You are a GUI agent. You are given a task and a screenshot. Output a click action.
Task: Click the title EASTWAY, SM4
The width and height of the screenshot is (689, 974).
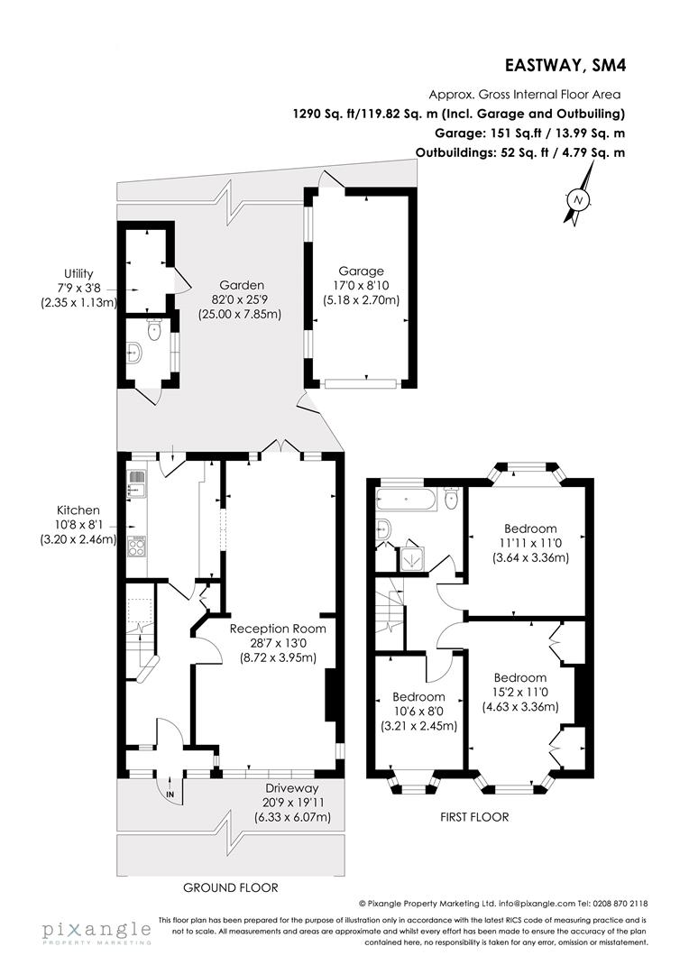pos(565,65)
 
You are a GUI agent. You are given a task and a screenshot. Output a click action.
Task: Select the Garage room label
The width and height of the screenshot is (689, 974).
pos(361,271)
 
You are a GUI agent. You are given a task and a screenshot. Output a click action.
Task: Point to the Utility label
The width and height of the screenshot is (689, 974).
pos(78,273)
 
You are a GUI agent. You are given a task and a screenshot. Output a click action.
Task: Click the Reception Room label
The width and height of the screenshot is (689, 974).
pos(277,629)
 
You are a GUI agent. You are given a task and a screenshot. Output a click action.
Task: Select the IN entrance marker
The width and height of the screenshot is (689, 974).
pos(170,794)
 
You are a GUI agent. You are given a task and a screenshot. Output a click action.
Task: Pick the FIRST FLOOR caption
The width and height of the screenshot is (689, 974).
pos(473,817)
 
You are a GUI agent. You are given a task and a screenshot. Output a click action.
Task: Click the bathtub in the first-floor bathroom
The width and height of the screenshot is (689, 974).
pos(410,499)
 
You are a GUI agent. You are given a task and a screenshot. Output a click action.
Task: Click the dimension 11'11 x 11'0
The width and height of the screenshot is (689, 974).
pos(530,543)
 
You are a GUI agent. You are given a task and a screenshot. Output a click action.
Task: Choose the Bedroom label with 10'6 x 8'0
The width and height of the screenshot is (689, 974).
pos(418,697)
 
